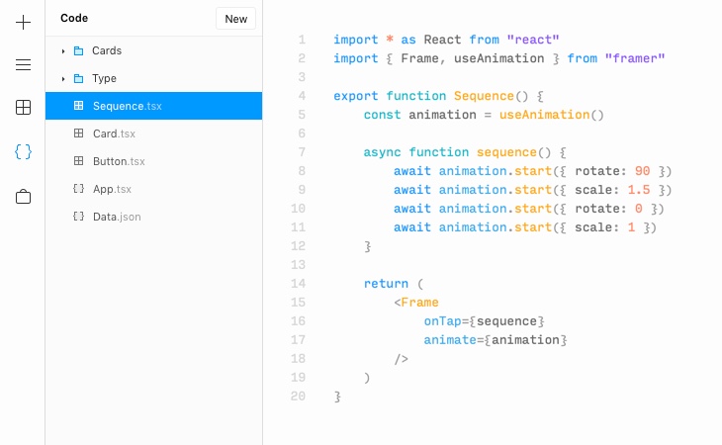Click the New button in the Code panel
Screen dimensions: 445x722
235,18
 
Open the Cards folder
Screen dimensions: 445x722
107,50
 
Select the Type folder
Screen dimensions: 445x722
104,78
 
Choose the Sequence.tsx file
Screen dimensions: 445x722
127,106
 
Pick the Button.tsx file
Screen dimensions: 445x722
119,161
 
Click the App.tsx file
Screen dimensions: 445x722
112,189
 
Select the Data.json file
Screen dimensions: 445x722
117,217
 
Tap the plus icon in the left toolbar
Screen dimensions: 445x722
23,22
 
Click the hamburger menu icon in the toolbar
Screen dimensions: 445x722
23,65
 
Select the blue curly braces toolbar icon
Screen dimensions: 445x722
23,151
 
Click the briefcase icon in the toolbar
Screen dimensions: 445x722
23,196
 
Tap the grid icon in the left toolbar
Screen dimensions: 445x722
23,108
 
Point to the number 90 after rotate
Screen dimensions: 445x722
642,171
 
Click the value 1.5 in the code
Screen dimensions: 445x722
638,190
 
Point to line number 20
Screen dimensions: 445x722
298,397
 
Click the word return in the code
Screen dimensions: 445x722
386,284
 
